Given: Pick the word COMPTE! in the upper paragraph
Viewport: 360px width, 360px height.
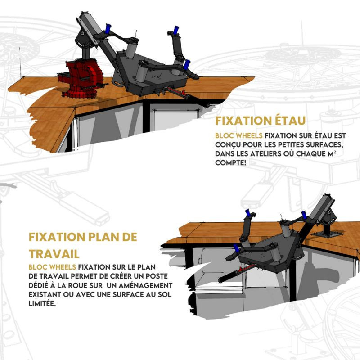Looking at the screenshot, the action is tap(231, 163).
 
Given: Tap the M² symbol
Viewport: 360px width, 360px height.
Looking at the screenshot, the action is tap(332, 153).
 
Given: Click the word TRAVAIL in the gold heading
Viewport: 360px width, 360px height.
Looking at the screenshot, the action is tap(54, 254).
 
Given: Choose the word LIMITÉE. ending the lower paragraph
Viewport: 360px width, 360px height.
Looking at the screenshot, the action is tap(42, 303).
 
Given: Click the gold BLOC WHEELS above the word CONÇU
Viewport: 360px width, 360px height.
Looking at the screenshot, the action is tap(239, 136).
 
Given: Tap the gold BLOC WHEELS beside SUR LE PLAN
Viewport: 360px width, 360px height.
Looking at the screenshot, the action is tap(52, 267).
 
